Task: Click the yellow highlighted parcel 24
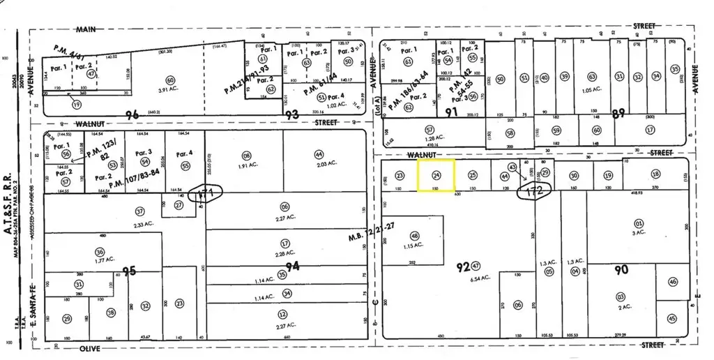point(436,175)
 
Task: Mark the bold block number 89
point(618,114)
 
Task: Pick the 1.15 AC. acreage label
point(416,246)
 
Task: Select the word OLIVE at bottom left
point(89,347)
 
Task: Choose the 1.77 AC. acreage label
point(98,260)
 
